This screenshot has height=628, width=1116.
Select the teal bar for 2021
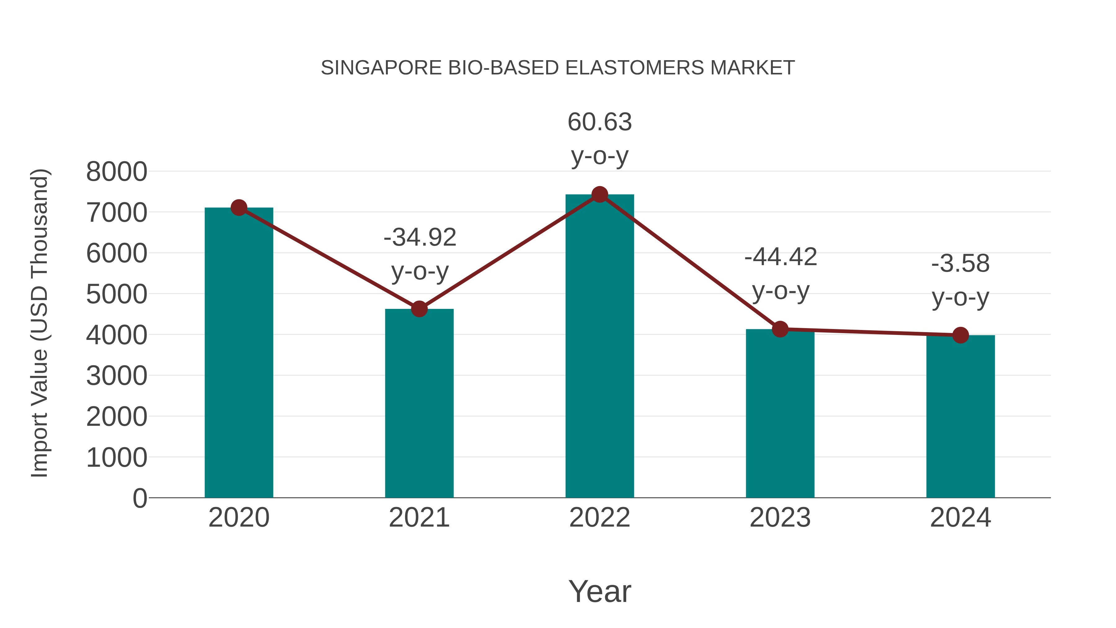(x=419, y=403)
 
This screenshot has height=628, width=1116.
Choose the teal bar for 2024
(x=960, y=416)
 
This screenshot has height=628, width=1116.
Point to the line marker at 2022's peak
(x=600, y=194)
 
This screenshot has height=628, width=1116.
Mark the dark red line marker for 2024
(x=960, y=335)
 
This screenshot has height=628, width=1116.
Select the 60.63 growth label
(x=600, y=122)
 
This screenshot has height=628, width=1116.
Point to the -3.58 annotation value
(x=960, y=264)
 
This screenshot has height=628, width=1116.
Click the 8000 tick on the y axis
(x=117, y=171)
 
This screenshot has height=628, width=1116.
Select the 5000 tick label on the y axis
(x=117, y=294)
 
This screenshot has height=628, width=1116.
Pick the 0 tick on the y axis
(x=139, y=498)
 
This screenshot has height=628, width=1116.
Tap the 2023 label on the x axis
(x=780, y=518)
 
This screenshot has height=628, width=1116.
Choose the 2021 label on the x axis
(x=419, y=518)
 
